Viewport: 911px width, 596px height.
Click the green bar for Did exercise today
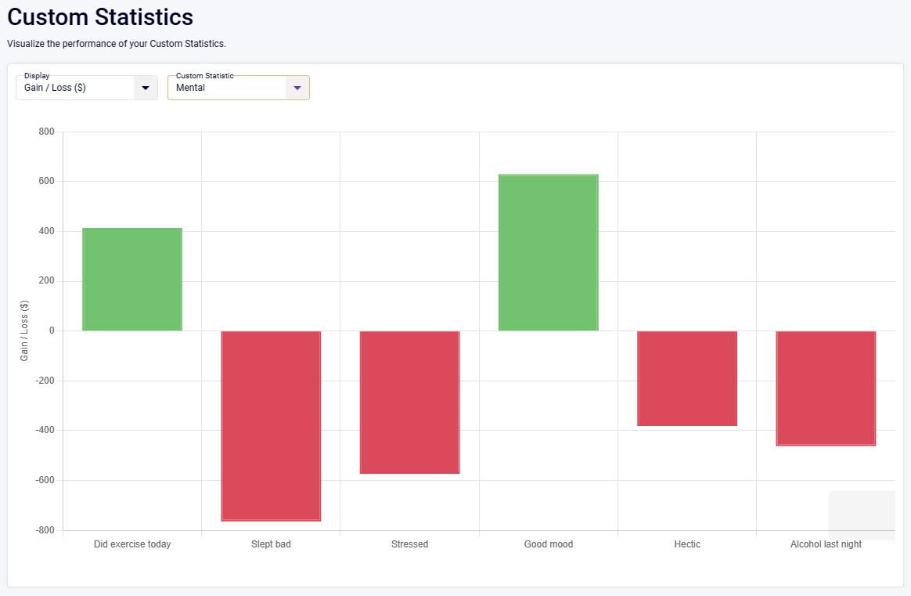tap(132, 280)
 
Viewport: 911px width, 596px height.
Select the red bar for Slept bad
tap(271, 425)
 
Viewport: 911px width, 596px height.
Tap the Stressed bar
tap(409, 402)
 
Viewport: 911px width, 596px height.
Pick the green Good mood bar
tap(548, 252)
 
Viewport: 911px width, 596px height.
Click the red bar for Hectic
tap(687, 378)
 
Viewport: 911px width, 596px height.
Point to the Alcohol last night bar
tap(826, 388)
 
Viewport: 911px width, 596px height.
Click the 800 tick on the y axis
tap(46, 132)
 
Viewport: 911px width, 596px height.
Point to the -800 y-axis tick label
tap(44, 530)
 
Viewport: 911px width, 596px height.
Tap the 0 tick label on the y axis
tap(51, 331)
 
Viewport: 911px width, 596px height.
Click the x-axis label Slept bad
tap(271, 544)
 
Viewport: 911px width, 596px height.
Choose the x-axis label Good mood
tap(548, 544)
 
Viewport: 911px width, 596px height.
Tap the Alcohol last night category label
tap(826, 544)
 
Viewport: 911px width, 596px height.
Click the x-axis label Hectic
tap(687, 544)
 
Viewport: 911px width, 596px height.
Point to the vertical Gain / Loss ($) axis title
tap(24, 331)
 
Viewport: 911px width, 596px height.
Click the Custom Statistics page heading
tap(100, 16)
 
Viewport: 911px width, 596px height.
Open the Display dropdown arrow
tap(146, 88)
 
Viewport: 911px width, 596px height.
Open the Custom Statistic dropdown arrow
tap(297, 88)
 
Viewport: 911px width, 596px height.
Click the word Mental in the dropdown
tap(190, 88)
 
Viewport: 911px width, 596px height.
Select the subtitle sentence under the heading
tap(117, 44)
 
